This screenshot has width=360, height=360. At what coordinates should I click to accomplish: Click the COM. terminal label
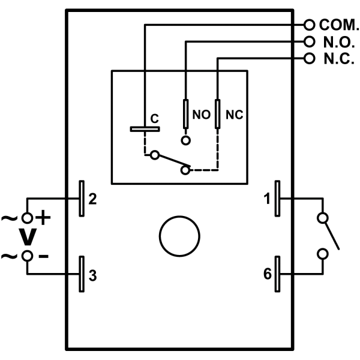pos(339,25)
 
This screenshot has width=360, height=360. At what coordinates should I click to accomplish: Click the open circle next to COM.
pos(310,25)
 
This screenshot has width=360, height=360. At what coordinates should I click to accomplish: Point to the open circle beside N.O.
pos(310,42)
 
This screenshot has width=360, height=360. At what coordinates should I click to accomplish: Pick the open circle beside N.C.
pos(310,59)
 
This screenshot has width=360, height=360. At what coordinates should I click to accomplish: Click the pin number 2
pos(92,199)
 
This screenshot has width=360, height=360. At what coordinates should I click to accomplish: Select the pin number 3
pos(92,276)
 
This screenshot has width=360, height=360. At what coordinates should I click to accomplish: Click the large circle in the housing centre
pos(179,236)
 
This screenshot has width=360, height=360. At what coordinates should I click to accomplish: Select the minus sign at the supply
pos(43,256)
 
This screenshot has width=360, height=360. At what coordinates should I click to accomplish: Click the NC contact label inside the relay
pos(233,115)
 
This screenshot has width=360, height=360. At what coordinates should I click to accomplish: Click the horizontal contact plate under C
pos(145,128)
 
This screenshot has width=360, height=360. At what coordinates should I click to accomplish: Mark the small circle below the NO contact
pos(186,140)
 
